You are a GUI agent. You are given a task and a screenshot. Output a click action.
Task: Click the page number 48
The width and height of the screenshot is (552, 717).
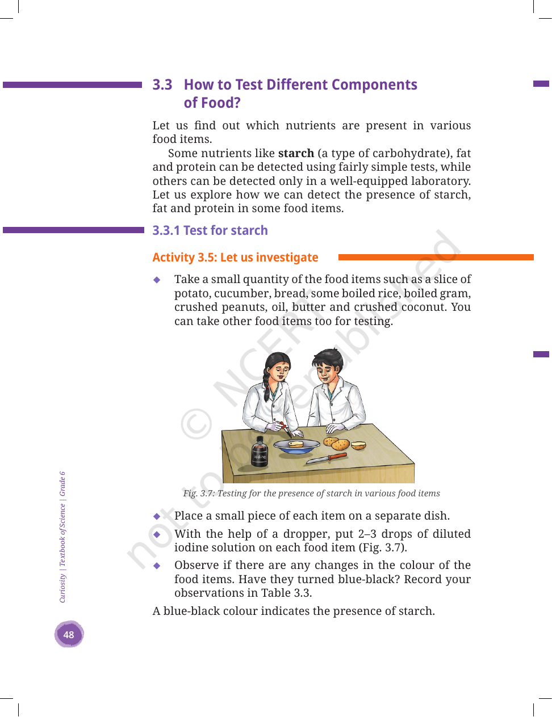pyautogui.click(x=69, y=634)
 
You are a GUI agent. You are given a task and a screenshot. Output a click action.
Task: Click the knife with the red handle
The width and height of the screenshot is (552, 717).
pyautogui.click(x=327, y=458)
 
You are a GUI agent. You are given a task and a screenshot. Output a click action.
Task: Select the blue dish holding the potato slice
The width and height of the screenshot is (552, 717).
pyautogui.click(x=296, y=446)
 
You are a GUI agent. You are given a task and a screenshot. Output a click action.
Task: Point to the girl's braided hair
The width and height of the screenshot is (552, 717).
pyautogui.click(x=266, y=383)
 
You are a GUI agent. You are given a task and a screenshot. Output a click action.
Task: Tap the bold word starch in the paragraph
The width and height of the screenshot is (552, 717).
pyautogui.click(x=296, y=153)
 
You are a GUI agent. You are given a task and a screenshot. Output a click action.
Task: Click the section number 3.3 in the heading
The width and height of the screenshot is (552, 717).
pyautogui.click(x=162, y=85)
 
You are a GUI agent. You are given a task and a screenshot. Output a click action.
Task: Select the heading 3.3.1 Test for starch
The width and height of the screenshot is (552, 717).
pyautogui.click(x=210, y=230)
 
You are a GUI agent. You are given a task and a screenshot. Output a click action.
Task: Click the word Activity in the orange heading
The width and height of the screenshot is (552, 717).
pyautogui.click(x=173, y=258)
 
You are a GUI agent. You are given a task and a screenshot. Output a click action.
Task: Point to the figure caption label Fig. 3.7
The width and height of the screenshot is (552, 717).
pyautogui.click(x=198, y=494)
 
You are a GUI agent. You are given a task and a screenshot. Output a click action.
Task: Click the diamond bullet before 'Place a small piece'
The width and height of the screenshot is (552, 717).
pyautogui.click(x=157, y=516)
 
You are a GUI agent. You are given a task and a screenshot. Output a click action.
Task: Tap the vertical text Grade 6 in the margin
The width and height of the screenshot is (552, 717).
pyautogui.click(x=62, y=484)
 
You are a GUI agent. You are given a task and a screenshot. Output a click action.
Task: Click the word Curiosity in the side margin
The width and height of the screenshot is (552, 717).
pyautogui.click(x=62, y=588)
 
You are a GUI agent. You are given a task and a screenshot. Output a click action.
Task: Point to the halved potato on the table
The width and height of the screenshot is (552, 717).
pyautogui.click(x=358, y=445)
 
